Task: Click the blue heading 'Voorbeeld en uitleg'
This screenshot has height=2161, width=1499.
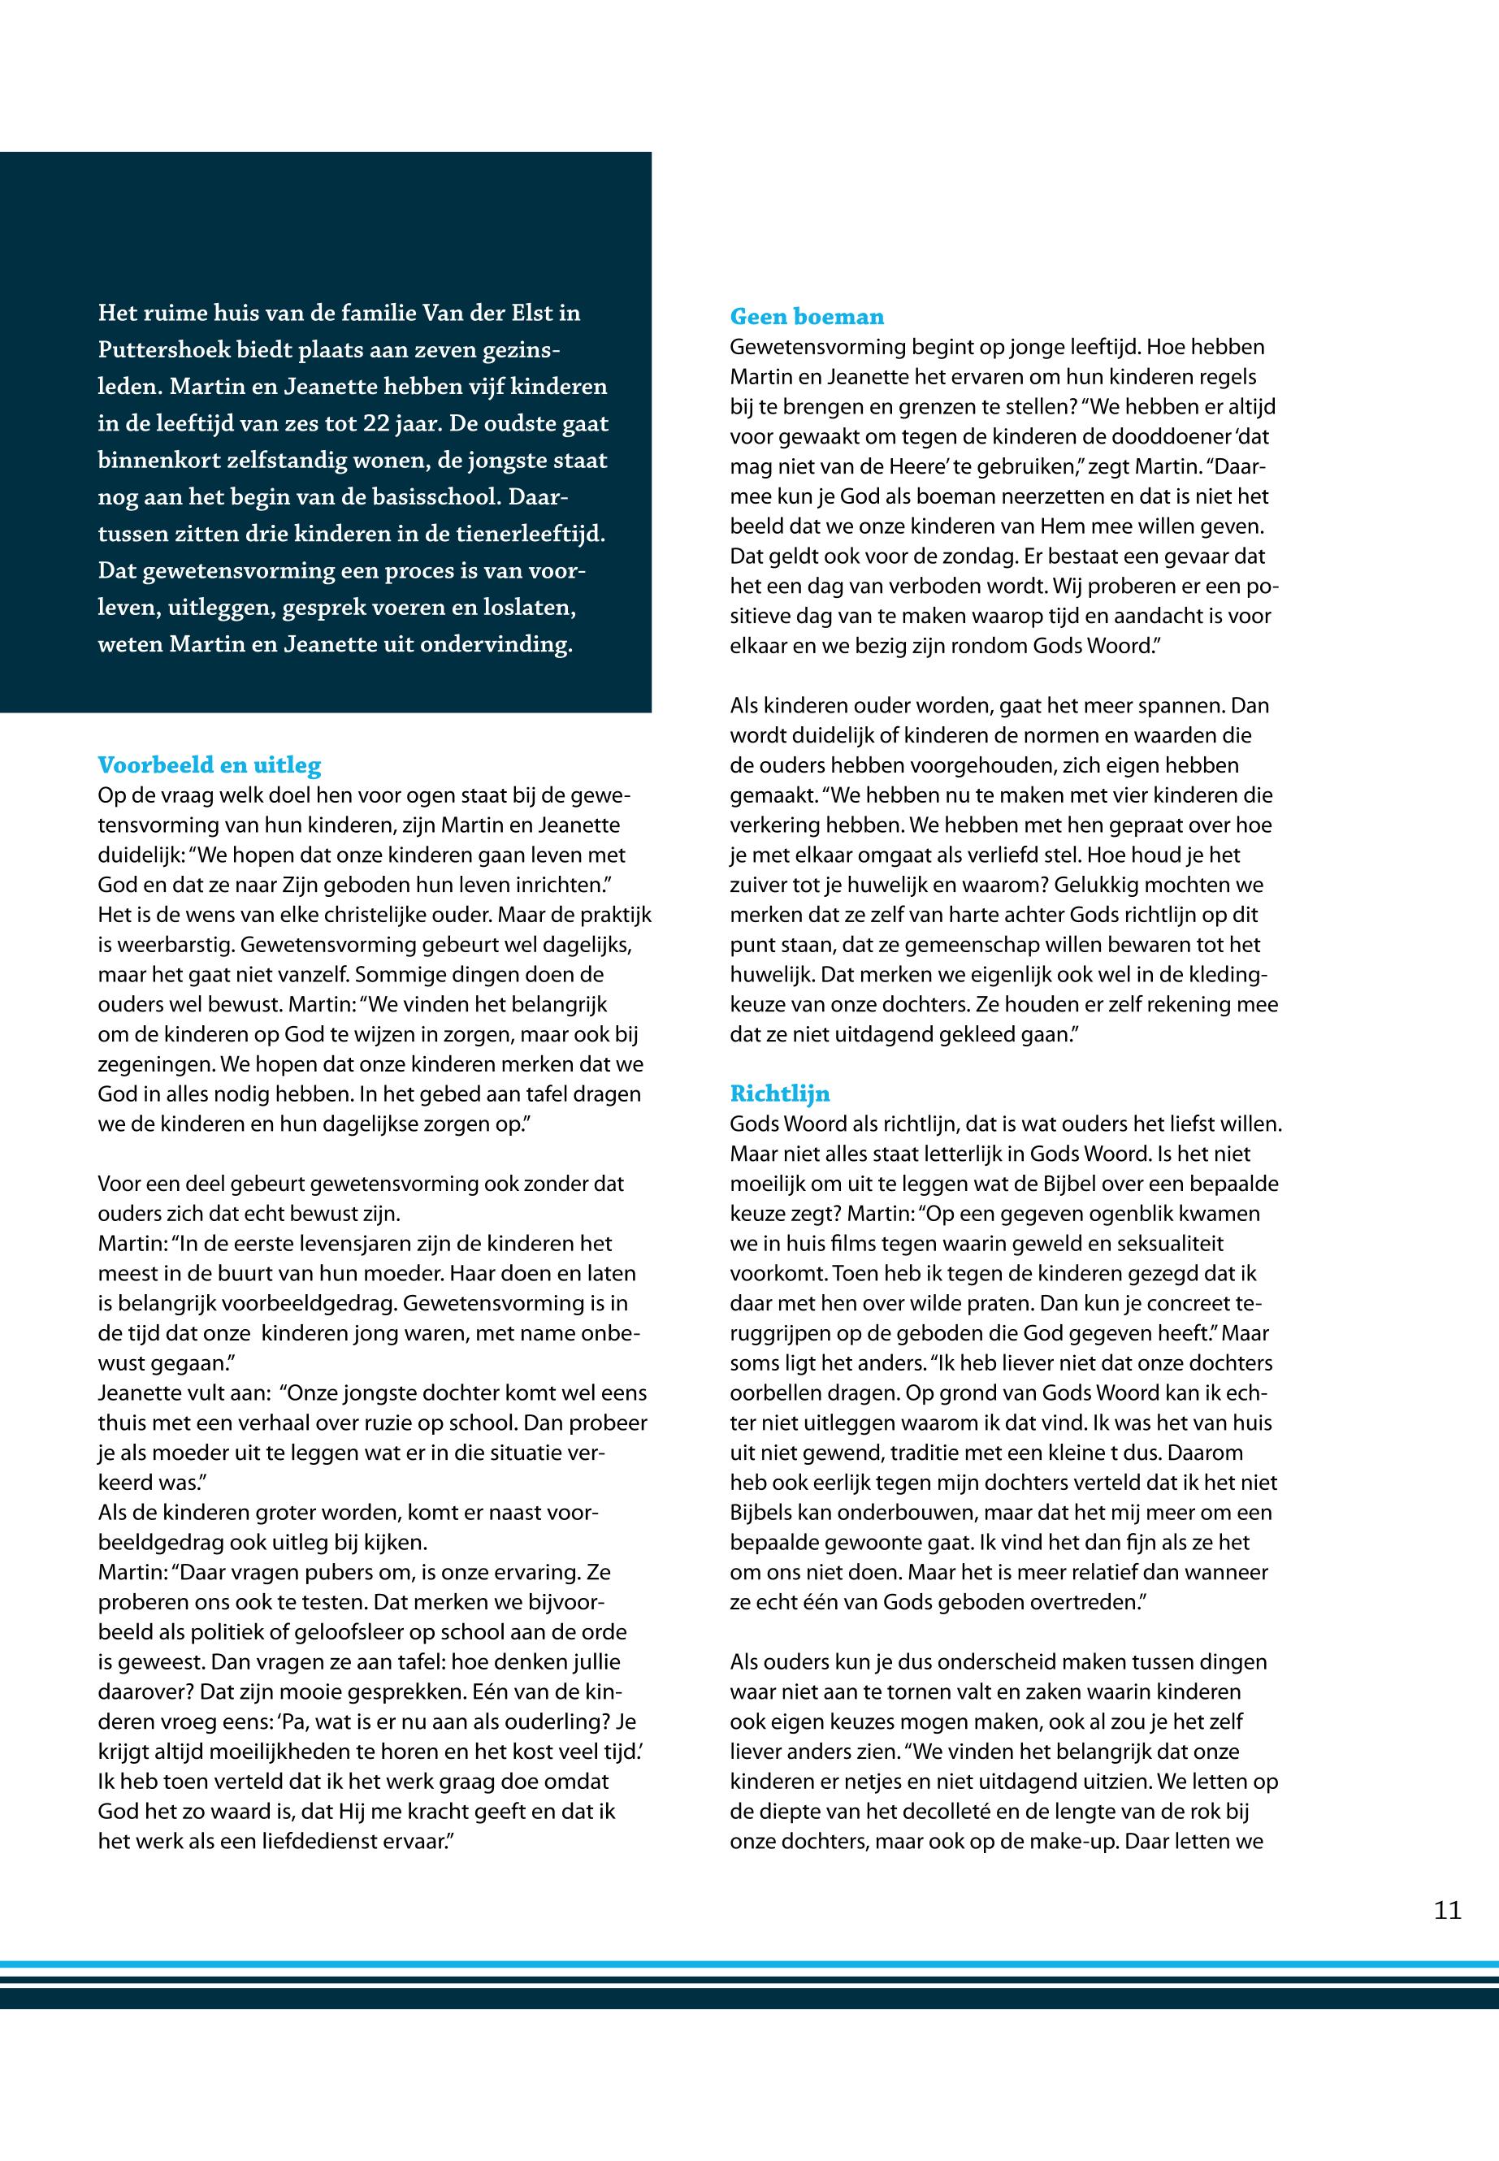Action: [210, 765]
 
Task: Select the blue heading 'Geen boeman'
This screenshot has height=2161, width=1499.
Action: [807, 318]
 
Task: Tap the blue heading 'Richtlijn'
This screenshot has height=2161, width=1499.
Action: [779, 1094]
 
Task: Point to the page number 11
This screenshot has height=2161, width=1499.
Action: [1447, 1910]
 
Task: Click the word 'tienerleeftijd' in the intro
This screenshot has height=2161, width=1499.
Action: [535, 535]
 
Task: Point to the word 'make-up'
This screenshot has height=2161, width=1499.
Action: [1079, 1842]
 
